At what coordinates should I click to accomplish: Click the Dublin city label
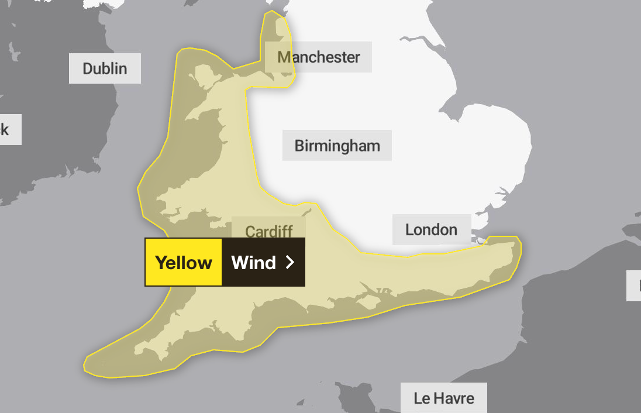coord(105,68)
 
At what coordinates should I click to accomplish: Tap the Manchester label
coord(318,57)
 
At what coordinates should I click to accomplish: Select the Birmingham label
coord(337,145)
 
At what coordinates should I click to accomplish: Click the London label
coord(431,229)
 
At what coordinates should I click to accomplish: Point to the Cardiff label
coord(268,231)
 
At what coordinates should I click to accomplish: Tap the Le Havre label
coord(443,398)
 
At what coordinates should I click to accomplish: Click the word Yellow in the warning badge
coord(183,263)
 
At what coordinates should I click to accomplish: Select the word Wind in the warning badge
coord(253,263)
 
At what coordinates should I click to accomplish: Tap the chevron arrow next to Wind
coord(290,263)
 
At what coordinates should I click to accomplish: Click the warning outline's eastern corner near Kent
coord(519,246)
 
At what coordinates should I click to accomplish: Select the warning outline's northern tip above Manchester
coord(272,12)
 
